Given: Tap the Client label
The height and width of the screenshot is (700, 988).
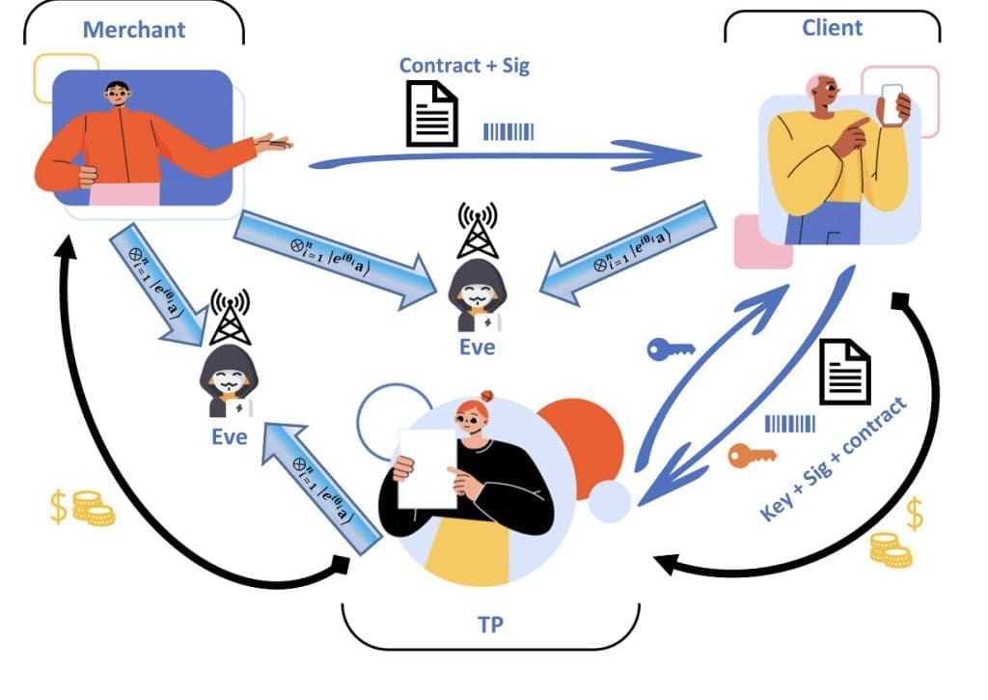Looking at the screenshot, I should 832,27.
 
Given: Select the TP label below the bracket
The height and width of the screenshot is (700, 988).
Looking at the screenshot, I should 489,624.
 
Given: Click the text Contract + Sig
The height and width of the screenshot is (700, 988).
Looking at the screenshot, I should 464,66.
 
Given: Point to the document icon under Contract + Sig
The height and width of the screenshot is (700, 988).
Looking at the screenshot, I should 431,113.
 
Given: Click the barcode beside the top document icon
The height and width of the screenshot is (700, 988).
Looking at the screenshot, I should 508,131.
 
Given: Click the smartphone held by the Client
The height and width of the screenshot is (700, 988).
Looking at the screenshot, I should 892,104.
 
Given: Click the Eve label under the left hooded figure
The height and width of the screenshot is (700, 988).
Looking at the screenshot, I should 230,437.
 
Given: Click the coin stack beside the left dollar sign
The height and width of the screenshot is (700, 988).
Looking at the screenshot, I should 93,509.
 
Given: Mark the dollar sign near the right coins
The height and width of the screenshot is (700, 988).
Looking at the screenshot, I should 914,516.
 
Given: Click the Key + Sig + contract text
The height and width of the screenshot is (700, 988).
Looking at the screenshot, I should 835,460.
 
